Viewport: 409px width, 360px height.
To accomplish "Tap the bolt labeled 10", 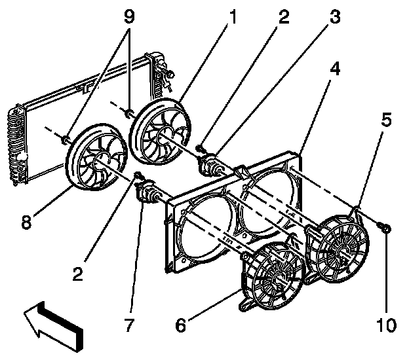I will [x=386, y=229].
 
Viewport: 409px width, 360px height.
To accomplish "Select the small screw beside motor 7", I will [x=138, y=175].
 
